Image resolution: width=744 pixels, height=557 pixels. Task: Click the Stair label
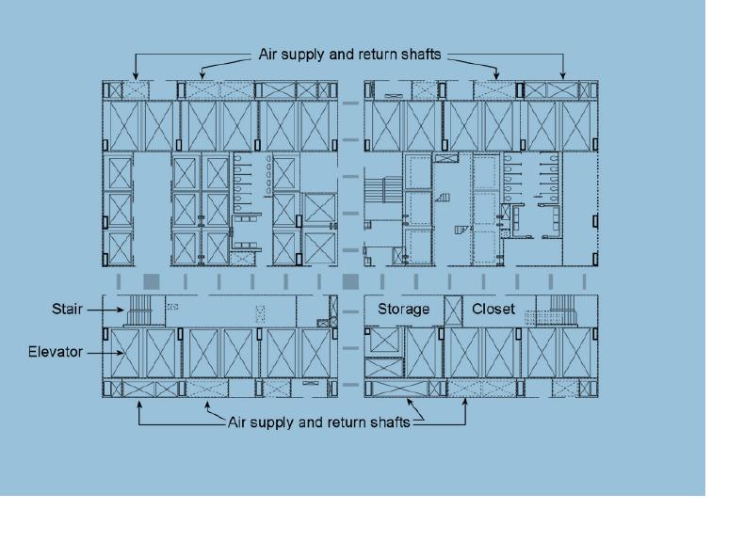pyautogui.click(x=67, y=309)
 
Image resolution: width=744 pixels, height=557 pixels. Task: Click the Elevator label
pyautogui.click(x=55, y=352)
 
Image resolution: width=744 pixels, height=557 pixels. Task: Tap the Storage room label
pyautogui.click(x=403, y=309)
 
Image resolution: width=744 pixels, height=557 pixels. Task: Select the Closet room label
pyautogui.click(x=493, y=309)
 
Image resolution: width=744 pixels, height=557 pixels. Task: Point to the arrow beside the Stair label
pyautogui.click(x=105, y=310)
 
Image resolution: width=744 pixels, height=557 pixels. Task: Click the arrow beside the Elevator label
pyautogui.click(x=106, y=353)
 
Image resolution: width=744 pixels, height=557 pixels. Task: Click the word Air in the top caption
pyautogui.click(x=267, y=54)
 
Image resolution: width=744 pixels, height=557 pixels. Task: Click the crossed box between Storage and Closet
pyautogui.click(x=453, y=310)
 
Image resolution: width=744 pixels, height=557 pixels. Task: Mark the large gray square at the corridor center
pyautogui.click(x=350, y=281)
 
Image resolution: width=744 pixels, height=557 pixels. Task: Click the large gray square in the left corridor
pyautogui.click(x=152, y=281)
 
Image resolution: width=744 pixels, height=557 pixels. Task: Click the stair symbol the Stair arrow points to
pyautogui.click(x=139, y=310)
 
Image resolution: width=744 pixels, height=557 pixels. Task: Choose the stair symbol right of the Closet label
pyautogui.click(x=563, y=310)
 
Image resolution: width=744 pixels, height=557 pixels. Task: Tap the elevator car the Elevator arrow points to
pyautogui.click(x=125, y=353)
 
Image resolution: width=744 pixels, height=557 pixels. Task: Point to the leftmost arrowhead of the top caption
pyautogui.click(x=136, y=75)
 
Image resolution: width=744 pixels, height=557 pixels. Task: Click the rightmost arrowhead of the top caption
pyautogui.click(x=563, y=75)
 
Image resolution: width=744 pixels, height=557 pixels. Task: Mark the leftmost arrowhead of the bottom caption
pyautogui.click(x=139, y=405)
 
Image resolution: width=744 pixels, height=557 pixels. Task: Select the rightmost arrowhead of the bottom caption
pyautogui.click(x=465, y=403)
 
